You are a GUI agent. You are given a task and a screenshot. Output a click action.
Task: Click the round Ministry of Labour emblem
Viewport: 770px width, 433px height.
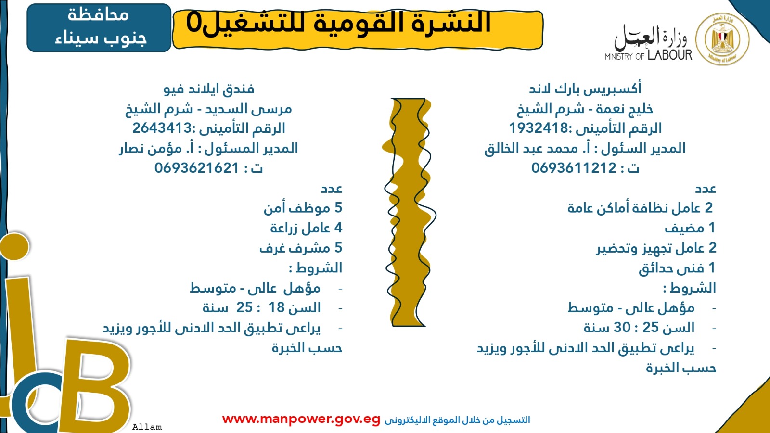(x=722, y=39)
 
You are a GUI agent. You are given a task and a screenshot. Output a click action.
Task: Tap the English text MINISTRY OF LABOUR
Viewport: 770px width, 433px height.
(x=648, y=55)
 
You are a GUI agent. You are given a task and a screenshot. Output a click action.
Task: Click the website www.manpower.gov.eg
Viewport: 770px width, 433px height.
(x=301, y=419)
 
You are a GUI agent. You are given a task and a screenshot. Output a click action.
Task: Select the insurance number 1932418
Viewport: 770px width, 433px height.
(x=539, y=128)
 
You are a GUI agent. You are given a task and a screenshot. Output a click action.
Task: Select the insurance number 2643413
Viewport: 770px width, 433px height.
(x=162, y=128)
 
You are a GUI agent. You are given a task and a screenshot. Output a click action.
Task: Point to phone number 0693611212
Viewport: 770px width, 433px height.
(x=574, y=168)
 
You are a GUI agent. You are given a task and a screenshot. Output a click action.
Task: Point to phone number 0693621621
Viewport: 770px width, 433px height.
(x=197, y=168)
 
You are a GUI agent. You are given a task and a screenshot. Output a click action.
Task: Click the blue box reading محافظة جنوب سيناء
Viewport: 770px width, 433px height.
(x=99, y=28)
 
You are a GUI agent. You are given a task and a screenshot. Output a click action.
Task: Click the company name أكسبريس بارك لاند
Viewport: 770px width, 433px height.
(x=585, y=89)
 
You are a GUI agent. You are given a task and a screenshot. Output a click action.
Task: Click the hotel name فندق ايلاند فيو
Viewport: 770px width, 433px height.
(x=209, y=89)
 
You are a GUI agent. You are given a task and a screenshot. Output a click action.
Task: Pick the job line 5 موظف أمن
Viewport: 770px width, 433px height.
(x=303, y=208)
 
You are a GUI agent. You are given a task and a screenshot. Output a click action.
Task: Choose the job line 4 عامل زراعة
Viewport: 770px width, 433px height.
(x=306, y=228)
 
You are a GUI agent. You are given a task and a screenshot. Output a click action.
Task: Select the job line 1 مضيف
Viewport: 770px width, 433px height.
(x=690, y=228)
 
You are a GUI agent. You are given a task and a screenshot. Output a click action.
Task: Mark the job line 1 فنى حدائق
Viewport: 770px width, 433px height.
(x=677, y=268)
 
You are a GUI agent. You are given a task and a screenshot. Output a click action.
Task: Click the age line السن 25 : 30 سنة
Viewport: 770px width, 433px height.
(x=639, y=328)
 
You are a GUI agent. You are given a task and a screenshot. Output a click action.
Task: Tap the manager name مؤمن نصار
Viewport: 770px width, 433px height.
(x=151, y=149)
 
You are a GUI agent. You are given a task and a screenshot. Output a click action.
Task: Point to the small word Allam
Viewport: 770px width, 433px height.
(x=147, y=427)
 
